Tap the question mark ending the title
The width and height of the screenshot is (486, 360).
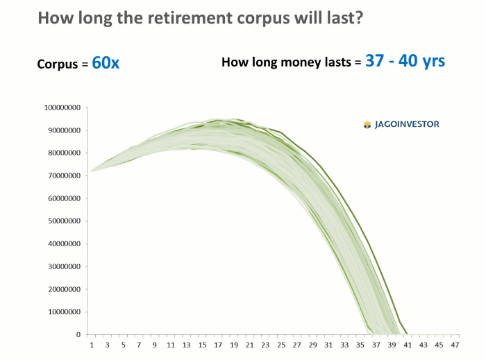[359, 17]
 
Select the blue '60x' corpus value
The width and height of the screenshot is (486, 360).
[106, 63]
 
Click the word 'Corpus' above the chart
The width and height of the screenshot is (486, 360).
[58, 65]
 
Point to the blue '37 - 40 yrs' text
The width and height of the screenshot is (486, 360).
[405, 61]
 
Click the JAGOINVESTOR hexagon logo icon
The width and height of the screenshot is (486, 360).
[367, 125]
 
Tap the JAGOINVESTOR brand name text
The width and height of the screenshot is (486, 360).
[407, 124]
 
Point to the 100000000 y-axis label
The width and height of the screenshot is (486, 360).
[62, 108]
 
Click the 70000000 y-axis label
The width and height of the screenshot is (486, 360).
[64, 175]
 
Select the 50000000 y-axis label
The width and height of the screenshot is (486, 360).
[64, 221]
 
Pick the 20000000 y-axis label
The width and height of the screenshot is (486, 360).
[64, 289]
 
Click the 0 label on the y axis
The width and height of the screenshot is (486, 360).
[78, 334]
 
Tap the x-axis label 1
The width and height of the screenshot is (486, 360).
[92, 345]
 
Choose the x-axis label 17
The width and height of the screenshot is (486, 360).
[218, 345]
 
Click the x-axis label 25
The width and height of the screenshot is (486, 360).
[281, 345]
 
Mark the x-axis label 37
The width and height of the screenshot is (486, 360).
[376, 345]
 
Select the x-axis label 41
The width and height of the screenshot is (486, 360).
[408, 345]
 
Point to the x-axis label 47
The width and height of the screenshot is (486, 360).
[455, 345]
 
